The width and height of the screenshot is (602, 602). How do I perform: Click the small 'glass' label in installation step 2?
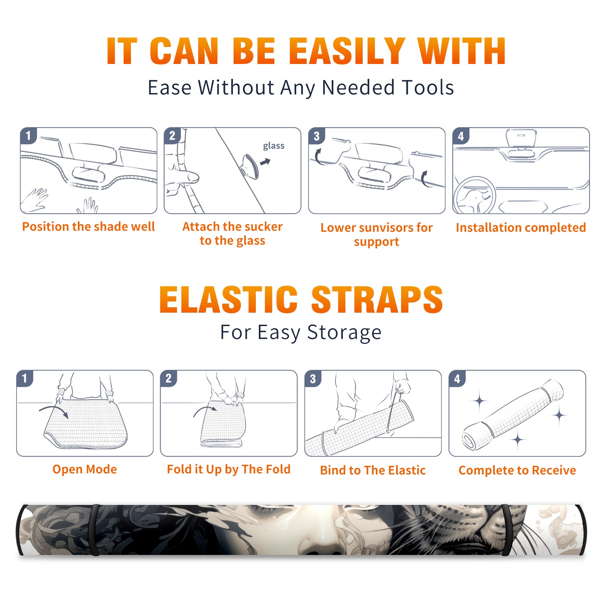coord(274,146)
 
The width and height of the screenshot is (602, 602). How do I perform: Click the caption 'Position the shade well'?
coord(88,227)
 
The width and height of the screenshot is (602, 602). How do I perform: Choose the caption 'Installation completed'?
coord(521,227)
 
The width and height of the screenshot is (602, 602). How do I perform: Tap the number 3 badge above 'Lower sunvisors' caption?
coord(316,136)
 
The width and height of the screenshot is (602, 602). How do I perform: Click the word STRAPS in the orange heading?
coord(377,299)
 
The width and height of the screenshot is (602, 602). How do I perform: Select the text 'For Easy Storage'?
coord(301,332)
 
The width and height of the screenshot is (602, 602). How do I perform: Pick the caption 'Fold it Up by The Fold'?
coord(229,469)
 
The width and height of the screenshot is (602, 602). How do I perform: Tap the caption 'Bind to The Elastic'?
coord(373,470)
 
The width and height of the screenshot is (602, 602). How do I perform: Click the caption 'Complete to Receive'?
coord(517,470)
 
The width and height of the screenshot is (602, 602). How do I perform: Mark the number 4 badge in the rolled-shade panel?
coord(457,379)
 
